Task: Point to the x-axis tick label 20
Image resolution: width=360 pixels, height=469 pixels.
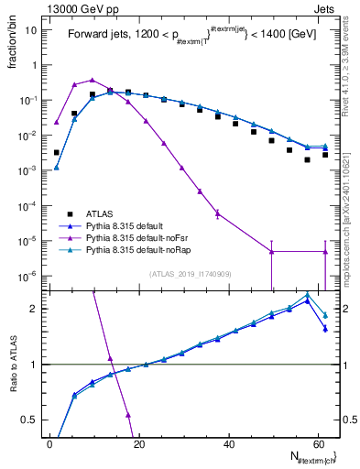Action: tap(138, 442)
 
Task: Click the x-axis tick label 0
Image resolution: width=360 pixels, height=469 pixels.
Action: tap(50, 442)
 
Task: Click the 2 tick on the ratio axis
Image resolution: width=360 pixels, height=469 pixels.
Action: tap(35, 309)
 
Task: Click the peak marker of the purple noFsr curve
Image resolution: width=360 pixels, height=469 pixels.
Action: tap(93, 81)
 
